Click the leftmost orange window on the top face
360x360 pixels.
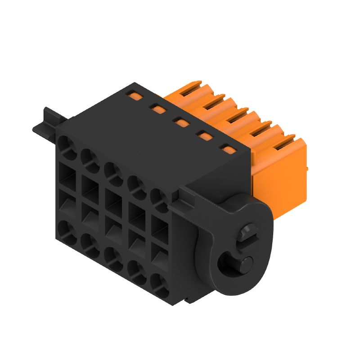click(132, 95)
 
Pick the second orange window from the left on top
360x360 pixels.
click(157, 108)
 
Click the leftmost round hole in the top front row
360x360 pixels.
click(67, 147)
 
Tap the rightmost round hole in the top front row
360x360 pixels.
click(158, 198)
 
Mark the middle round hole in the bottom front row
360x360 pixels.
click(113, 257)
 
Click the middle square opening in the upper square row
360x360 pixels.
click(114, 198)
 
